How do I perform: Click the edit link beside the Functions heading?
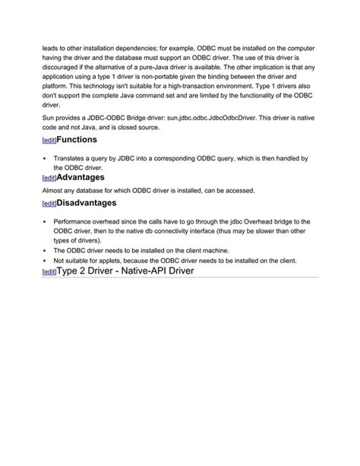click(x=49, y=141)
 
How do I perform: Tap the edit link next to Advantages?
click(x=49, y=178)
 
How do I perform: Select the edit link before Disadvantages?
click(x=49, y=204)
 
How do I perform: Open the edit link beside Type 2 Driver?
click(x=49, y=272)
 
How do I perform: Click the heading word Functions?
click(x=82, y=140)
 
